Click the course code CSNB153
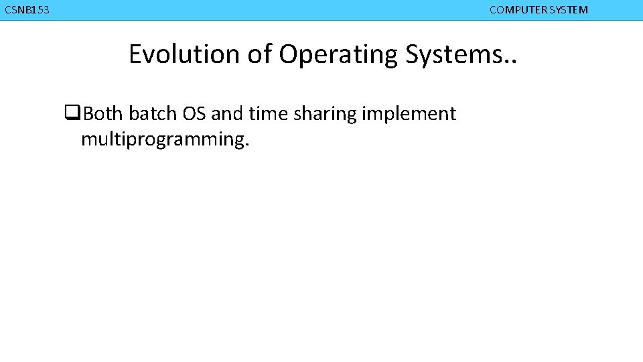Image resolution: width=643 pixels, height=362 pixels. tap(27, 10)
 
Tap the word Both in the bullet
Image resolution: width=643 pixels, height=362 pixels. tap(102, 114)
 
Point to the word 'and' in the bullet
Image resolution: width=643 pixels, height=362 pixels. tap(227, 114)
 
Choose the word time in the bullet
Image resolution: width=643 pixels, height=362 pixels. tap(267, 114)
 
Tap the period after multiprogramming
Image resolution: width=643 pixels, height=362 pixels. tap(246, 145)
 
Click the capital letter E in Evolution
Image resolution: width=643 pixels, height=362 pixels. tap(135, 54)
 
